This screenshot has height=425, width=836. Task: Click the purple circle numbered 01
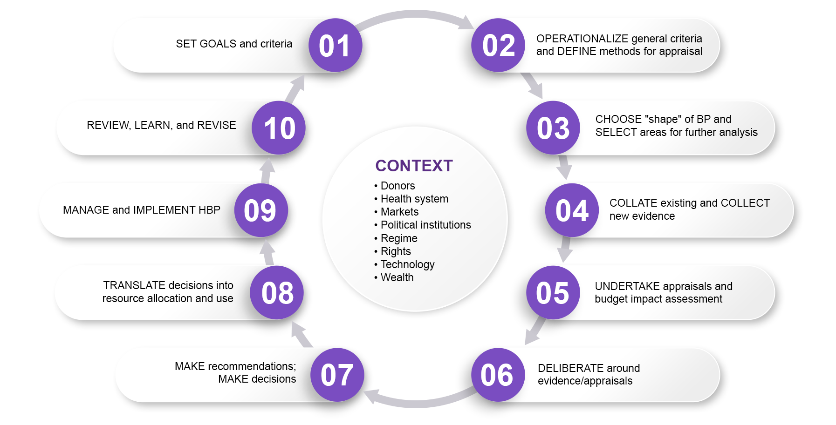coord(335,46)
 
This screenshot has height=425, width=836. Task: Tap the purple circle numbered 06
coord(498,375)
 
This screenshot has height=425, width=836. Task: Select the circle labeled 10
coord(279,128)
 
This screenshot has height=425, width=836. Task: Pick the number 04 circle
coord(572,210)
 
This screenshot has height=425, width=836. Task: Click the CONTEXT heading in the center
coord(414,166)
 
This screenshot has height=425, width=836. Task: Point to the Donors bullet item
coord(397,186)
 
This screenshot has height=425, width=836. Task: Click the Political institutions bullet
coord(425,225)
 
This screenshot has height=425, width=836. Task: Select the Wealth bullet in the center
coord(397,277)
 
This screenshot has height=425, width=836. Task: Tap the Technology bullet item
coord(407,264)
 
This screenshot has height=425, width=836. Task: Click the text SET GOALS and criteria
coord(234,44)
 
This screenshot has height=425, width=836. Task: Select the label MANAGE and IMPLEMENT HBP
coord(141,210)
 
